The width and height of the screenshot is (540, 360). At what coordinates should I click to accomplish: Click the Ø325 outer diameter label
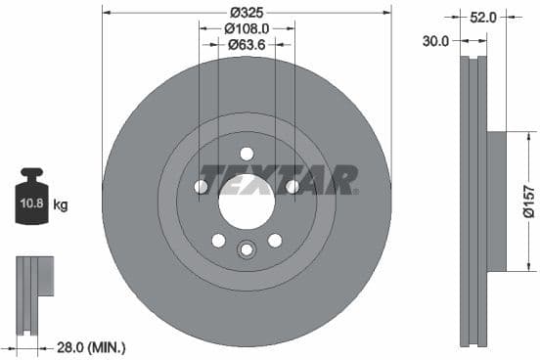click(x=247, y=12)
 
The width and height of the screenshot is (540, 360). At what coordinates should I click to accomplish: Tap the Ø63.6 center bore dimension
click(x=247, y=45)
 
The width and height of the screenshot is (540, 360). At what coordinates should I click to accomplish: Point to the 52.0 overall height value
click(x=483, y=17)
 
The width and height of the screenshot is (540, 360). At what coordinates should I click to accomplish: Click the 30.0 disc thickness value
click(x=436, y=41)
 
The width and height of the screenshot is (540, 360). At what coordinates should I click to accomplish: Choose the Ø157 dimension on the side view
click(x=527, y=201)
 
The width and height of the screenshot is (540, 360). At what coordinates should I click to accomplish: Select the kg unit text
click(x=61, y=205)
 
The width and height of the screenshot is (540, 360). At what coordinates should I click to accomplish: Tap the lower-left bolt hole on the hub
click(x=218, y=241)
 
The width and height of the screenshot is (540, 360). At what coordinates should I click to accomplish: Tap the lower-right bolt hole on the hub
click(x=275, y=241)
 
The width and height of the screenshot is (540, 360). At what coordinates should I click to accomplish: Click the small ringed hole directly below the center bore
click(x=247, y=249)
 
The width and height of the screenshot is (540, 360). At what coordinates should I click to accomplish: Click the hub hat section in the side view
click(x=496, y=201)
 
